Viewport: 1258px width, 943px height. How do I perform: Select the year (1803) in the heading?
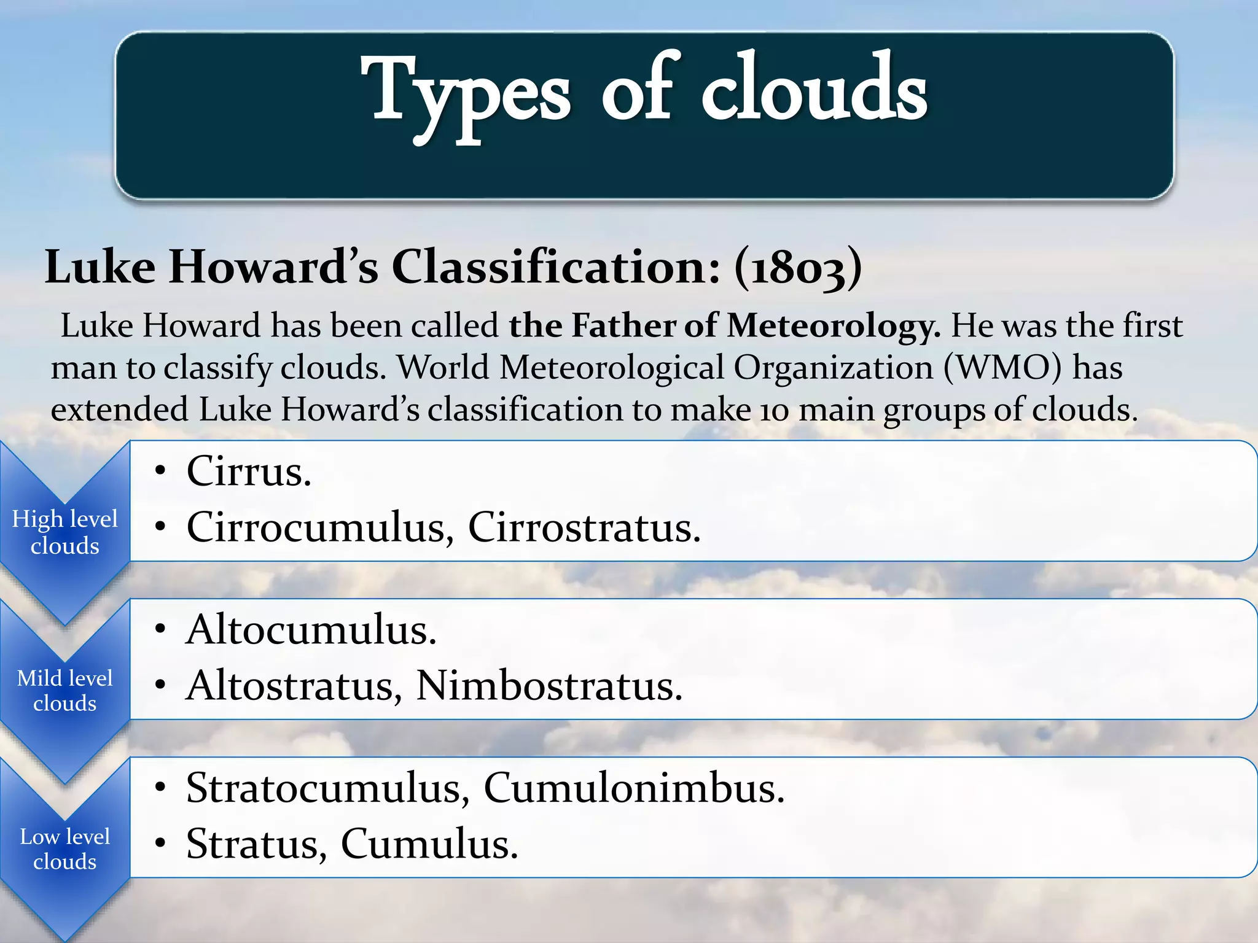coord(798,268)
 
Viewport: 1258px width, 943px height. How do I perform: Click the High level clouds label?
coord(64,532)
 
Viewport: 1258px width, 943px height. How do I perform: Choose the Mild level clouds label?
coord(64,690)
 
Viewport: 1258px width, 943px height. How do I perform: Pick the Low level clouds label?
coord(64,848)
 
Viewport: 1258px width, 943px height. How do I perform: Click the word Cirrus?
coord(249,471)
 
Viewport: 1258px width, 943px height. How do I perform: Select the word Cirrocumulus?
coord(320,527)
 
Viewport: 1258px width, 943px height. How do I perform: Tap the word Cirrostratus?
coord(584,527)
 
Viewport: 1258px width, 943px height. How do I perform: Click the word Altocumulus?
coord(311,630)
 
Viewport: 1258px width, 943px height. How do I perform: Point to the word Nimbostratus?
coord(549,685)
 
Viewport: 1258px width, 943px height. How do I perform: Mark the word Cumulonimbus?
coord(634,788)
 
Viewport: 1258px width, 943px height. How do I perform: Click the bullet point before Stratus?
coord(160,844)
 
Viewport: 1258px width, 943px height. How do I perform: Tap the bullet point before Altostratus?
coord(160,685)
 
